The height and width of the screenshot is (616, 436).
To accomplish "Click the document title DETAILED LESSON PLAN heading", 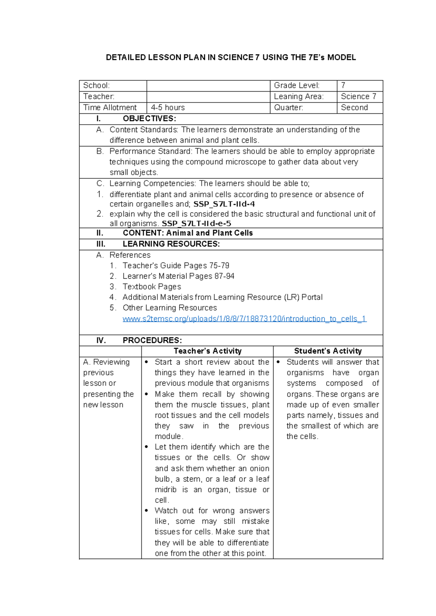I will click(231, 57).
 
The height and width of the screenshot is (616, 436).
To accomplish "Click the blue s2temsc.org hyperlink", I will click(244, 319).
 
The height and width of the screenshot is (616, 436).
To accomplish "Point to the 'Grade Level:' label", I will click(296, 85).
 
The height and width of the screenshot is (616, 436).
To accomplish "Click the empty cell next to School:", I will click(208, 86).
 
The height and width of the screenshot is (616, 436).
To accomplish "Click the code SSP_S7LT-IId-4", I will click(224, 204).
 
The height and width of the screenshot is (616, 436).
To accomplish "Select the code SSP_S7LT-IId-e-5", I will click(196, 223).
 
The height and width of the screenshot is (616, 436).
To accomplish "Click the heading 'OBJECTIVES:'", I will click(149, 119).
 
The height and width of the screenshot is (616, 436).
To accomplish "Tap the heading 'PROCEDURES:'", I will click(152, 340).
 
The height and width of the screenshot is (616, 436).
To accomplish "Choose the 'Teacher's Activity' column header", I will click(207, 351).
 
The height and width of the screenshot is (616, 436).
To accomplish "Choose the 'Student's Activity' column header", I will click(328, 351).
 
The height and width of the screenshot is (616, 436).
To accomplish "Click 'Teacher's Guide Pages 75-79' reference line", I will click(175, 266).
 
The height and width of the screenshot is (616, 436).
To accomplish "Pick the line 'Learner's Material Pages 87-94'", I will click(178, 276).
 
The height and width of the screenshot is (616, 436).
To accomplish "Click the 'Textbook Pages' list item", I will click(152, 287).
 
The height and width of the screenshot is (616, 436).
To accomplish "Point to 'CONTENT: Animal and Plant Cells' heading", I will click(187, 233).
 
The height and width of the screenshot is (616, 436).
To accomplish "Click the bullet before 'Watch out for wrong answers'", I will click(146, 511).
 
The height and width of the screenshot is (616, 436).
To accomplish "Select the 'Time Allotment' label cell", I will click(110, 108).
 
